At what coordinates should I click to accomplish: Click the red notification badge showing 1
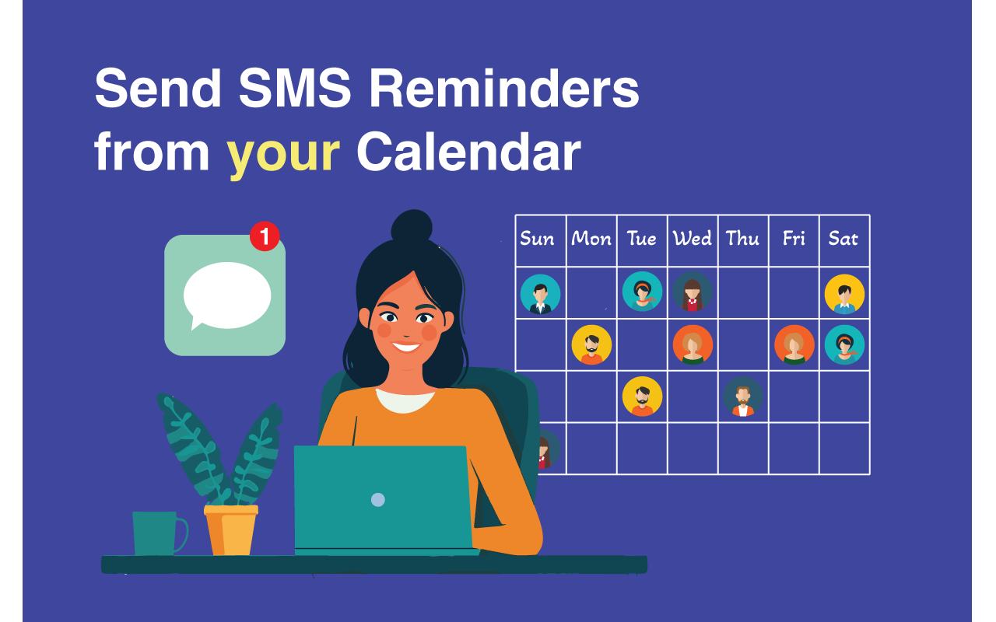265,236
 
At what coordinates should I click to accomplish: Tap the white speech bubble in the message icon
226,295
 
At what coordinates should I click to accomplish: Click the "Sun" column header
538,239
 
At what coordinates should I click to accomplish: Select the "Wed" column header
692,239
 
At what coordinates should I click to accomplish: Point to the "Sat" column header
843,239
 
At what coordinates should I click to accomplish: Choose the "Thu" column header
742,239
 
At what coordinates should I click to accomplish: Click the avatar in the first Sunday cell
540,294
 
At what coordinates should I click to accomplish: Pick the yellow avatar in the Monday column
591,345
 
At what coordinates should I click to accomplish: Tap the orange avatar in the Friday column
794,345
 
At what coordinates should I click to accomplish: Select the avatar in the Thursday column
742,397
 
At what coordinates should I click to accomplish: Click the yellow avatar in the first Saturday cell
844,294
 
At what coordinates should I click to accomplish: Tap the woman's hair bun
412,226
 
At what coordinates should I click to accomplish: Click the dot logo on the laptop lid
377,499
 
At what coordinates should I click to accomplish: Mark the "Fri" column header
794,239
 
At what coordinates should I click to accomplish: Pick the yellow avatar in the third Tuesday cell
642,397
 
